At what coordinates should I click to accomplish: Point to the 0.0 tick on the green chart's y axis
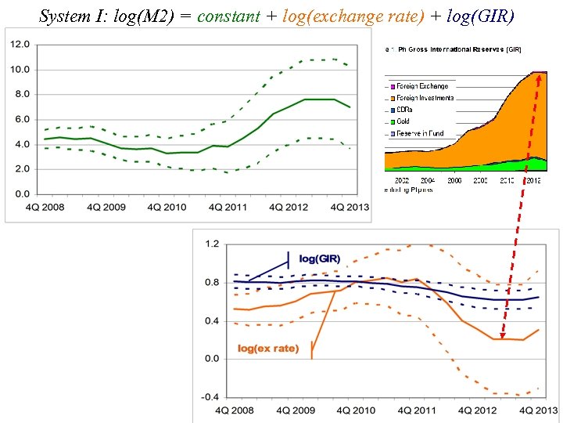[x=23, y=193]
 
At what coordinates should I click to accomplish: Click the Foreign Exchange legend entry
[x=422, y=86]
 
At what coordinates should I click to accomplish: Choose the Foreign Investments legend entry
[x=425, y=98]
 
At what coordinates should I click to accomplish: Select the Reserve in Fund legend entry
[x=420, y=133]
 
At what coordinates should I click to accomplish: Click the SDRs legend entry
[x=406, y=110]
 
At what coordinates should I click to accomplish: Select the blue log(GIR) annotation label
[x=320, y=259]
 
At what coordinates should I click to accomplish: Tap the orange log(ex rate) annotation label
[x=268, y=348]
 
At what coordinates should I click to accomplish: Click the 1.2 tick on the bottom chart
[x=212, y=244]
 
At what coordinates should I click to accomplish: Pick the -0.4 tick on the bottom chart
[x=210, y=397]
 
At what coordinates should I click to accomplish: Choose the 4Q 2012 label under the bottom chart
[x=475, y=411]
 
